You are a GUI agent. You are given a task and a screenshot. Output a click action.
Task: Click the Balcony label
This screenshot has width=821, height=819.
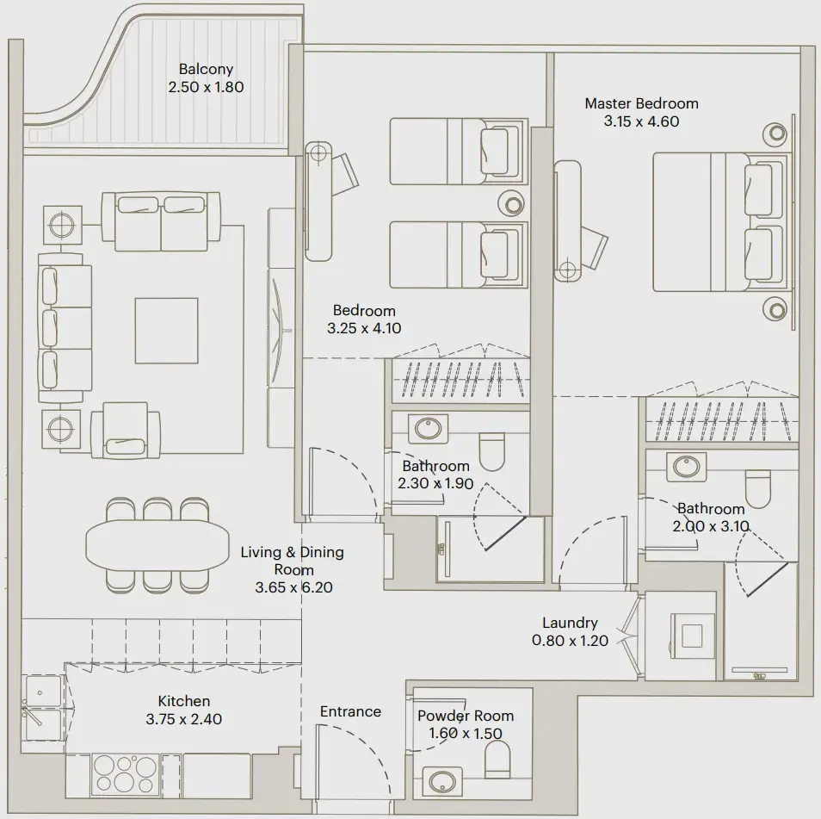point(206,70)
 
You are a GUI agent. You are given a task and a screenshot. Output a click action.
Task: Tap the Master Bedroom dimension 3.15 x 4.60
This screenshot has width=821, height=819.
point(641,121)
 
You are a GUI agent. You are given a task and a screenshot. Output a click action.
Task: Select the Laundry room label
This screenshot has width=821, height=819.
point(570,623)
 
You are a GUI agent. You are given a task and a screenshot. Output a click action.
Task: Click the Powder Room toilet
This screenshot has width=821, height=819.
point(497,760)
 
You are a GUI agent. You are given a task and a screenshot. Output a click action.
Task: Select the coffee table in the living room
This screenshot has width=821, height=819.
point(166,330)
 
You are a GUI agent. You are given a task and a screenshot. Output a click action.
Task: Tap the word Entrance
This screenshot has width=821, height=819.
point(350,711)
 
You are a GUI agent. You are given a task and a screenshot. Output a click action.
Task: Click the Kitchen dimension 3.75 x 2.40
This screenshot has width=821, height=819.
point(183,719)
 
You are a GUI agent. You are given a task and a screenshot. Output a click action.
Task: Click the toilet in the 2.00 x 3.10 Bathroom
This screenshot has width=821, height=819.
point(759,488)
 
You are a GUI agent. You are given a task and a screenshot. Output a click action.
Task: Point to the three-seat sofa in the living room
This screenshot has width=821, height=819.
point(65,329)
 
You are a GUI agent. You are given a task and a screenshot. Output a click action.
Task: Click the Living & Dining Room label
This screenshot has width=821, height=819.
point(293,561)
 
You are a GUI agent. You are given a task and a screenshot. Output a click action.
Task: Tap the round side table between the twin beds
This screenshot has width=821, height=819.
point(513,204)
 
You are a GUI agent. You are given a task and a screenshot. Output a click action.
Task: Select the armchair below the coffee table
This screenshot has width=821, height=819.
point(125,430)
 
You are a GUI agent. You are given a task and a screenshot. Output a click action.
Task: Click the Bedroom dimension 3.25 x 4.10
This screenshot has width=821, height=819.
point(364,328)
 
